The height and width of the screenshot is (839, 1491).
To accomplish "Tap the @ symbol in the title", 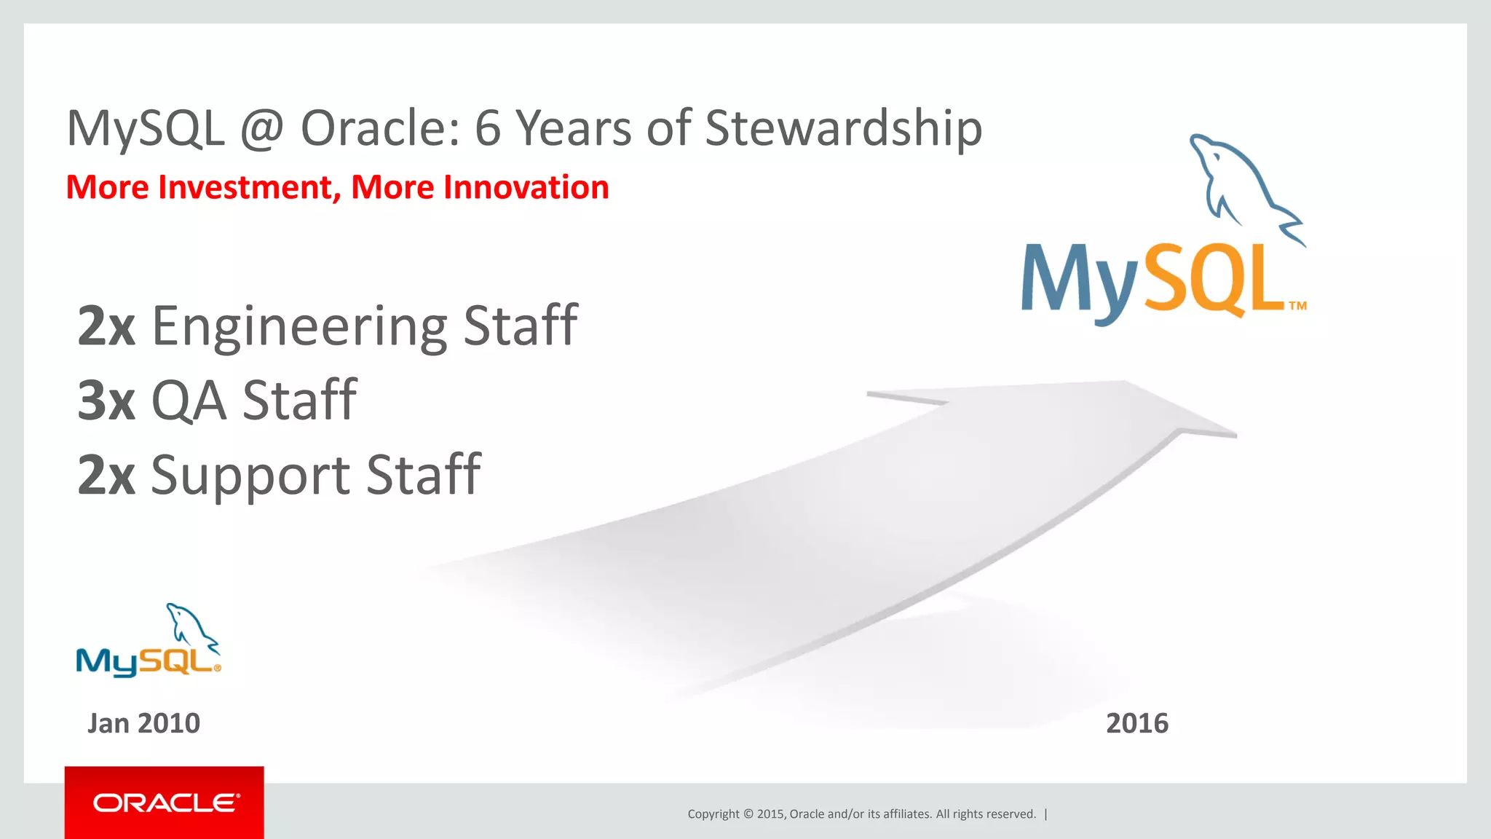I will tap(262, 129).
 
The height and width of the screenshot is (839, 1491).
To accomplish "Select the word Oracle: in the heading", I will tap(381, 129).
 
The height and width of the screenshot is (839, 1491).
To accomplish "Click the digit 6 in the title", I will tap(488, 129).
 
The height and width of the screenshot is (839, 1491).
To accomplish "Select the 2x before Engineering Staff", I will tap(106, 326).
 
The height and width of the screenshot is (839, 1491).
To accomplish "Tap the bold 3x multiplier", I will tap(106, 401).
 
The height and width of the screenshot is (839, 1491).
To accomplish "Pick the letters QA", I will tap(189, 401).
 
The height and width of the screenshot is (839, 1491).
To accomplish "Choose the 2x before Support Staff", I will tap(106, 475).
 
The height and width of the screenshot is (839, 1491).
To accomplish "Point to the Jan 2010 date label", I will tap(143, 723).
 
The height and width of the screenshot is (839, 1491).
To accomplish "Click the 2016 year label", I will tap(1136, 723).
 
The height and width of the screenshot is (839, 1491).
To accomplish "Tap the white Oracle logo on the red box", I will tap(165, 803).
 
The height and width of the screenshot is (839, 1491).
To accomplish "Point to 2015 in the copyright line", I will tap(770, 814).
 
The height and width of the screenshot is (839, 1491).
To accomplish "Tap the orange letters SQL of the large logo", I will tap(1212, 280).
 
